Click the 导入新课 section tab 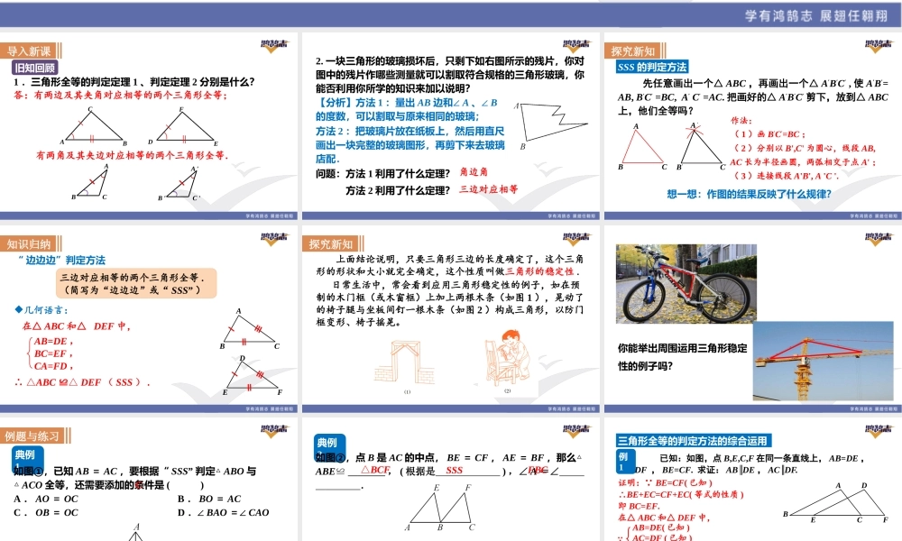[29, 50]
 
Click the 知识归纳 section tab [29, 243]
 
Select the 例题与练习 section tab [32, 436]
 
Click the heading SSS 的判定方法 [652, 67]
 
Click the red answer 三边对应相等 [489, 189]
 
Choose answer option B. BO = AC [209, 499]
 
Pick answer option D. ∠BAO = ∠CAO [224, 513]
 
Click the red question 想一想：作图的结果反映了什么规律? [748, 193]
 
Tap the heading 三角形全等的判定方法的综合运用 [693, 441]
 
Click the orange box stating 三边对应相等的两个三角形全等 [133, 284]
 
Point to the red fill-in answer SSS [455, 471]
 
